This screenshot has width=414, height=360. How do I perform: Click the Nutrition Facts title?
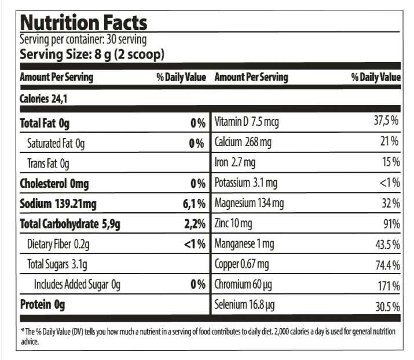coord(83,23)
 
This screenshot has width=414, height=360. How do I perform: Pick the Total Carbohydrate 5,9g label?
coord(70,224)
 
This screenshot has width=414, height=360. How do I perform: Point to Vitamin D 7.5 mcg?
coord(247,123)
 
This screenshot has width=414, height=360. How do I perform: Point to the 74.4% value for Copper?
coord(387,266)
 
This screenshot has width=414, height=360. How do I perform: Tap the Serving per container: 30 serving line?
coord(83,40)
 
